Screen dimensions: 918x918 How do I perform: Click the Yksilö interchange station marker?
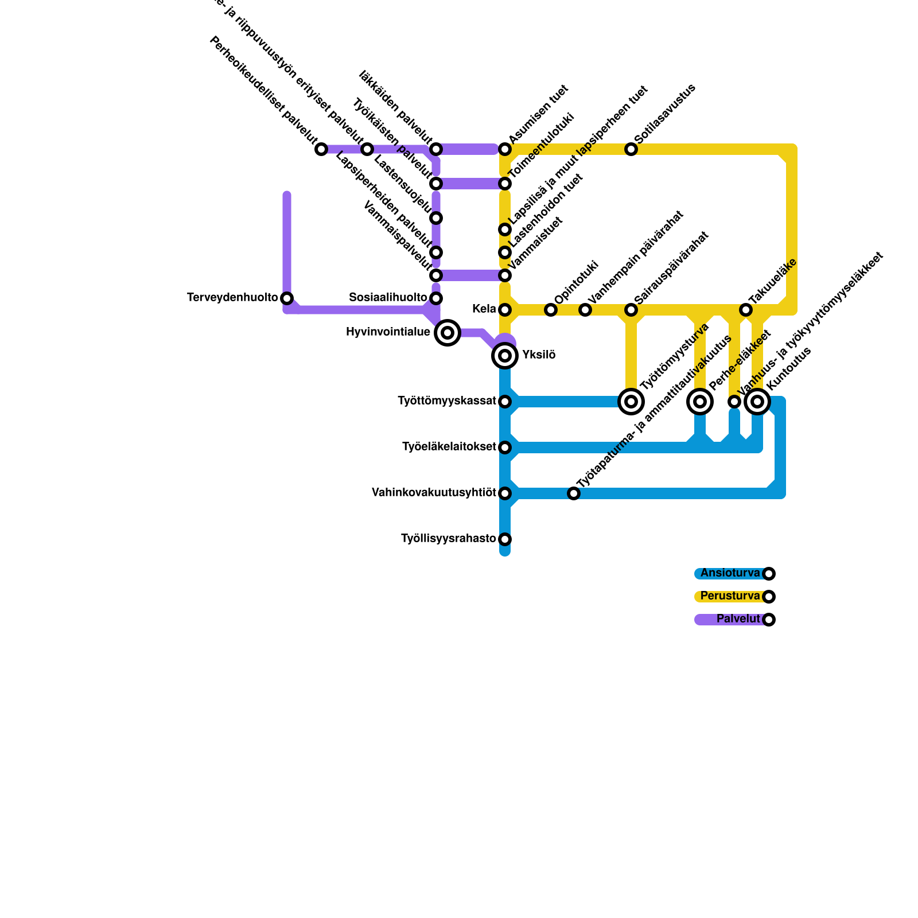point(505,356)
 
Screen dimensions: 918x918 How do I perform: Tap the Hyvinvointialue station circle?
point(448,333)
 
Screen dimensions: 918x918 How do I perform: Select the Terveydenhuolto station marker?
point(287,298)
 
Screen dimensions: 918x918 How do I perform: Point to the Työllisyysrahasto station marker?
point(505,539)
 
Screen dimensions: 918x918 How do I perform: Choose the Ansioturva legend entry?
point(730,573)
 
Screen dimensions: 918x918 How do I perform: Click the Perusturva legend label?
point(730,596)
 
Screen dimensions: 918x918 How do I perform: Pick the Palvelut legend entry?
point(738,619)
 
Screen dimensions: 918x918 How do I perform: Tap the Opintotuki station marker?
point(551,310)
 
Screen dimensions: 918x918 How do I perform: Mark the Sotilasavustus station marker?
point(631,149)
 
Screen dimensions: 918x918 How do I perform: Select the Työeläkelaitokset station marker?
point(505,448)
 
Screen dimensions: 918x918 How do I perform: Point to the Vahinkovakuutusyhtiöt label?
point(433,493)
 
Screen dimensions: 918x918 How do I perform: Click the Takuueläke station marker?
point(746,310)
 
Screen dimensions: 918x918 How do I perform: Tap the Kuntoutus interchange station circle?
point(757,402)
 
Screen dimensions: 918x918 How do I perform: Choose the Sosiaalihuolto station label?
point(388,298)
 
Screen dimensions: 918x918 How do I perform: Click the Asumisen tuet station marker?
point(505,149)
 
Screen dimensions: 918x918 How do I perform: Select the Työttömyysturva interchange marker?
point(631,402)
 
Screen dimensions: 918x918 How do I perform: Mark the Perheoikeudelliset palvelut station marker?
point(321,149)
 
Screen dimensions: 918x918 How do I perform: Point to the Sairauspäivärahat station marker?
point(631,310)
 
